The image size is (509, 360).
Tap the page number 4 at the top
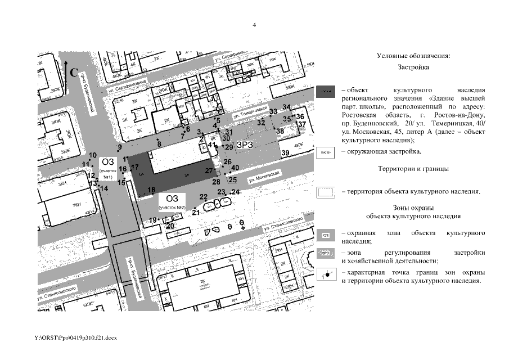pos(254,25)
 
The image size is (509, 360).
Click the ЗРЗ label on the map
pos(245,145)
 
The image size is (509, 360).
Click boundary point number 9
pos(119,147)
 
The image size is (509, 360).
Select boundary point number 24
pos(236,192)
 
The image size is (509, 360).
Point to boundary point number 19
pos(152,220)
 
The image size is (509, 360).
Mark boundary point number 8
pos(159,144)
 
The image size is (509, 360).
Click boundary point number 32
pos(261,122)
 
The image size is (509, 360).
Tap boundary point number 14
pos(104,188)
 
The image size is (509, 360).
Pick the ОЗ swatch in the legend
pos(326,235)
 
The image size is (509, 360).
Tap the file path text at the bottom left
pos(75,337)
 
